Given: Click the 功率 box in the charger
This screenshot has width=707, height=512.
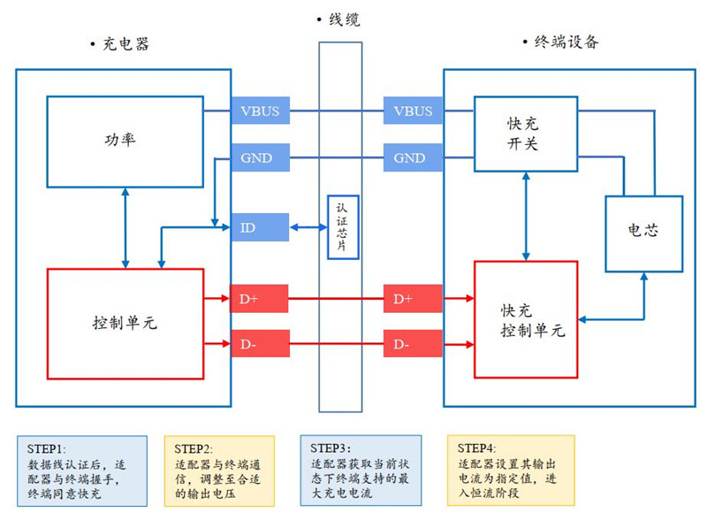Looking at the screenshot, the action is [125, 141].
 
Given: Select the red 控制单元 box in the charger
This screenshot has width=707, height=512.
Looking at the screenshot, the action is [125, 324].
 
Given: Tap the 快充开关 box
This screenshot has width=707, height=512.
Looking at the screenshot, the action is [526, 134].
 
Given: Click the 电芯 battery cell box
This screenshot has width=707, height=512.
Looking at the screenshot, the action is [644, 233].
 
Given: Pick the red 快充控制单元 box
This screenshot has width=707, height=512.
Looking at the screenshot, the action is [526, 319].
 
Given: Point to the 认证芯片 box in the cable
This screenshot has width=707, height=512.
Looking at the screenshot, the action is [343, 227].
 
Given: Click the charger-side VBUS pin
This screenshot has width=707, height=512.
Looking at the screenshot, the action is [260, 111].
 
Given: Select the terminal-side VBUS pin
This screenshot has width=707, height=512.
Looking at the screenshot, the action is [413, 111].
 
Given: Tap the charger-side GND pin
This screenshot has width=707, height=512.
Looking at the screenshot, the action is [260, 157].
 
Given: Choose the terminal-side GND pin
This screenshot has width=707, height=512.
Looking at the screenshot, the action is [413, 157].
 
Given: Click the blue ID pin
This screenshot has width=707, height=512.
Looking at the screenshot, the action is [260, 227].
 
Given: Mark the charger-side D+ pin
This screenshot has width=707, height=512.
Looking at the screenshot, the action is [259, 299].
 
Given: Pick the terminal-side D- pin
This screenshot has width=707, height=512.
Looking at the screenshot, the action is [413, 344].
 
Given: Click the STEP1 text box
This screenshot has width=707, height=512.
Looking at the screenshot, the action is [82, 470].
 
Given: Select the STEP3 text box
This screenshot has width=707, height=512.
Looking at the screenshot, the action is [361, 470].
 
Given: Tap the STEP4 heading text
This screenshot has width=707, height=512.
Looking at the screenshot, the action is [476, 448].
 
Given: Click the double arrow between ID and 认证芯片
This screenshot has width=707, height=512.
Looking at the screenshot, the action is [308, 227].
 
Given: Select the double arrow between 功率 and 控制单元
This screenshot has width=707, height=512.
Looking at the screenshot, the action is [125, 228].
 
